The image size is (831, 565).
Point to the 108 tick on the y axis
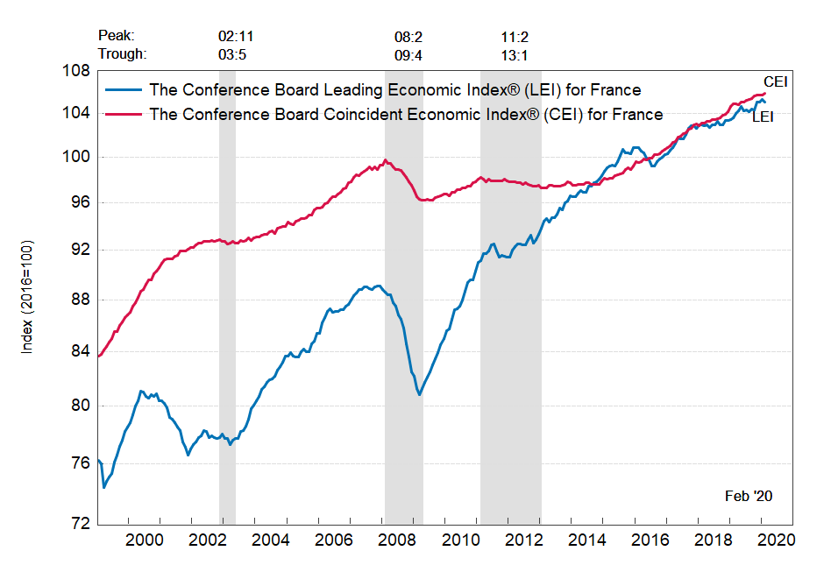coord(78,71)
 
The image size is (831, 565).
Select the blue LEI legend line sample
coord(124,89)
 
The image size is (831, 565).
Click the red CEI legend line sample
coord(124,114)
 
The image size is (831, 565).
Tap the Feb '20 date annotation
coord(749,496)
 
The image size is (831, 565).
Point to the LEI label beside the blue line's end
coord(763,117)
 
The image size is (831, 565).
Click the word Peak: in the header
coord(116,37)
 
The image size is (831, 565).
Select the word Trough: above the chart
coord(122,53)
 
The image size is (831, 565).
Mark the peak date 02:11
coord(236,37)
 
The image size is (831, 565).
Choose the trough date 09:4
coord(409,53)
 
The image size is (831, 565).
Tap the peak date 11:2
coord(514,37)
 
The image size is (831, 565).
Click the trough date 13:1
coord(514,53)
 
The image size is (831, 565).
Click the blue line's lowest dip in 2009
coord(420,394)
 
